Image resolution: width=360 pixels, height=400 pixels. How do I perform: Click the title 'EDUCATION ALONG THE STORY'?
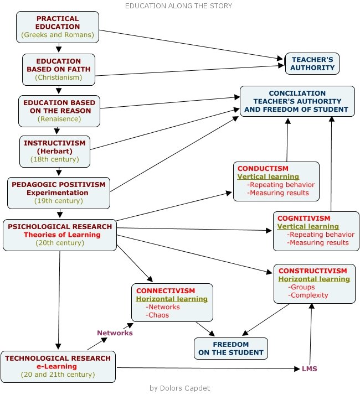click(x=178, y=6)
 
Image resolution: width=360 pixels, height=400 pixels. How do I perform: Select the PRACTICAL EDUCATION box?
click(x=58, y=27)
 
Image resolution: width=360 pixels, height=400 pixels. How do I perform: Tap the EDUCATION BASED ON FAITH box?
click(x=58, y=69)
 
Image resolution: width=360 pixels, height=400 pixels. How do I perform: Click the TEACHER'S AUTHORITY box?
click(x=312, y=64)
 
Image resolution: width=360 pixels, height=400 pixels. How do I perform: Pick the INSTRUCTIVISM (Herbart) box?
click(x=54, y=151)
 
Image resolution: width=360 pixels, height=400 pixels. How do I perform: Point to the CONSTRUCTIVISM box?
click(x=313, y=283)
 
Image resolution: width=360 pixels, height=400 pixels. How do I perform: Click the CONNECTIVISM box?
click(x=172, y=303)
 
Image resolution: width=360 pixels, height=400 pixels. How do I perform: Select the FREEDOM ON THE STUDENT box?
click(x=231, y=348)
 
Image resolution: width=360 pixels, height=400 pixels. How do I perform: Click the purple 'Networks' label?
click(x=115, y=333)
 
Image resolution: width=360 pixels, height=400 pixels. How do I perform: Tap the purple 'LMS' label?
click(x=309, y=368)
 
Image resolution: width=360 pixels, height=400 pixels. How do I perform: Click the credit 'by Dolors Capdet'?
click(x=180, y=388)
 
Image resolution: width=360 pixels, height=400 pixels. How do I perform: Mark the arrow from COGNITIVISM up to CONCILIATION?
click(x=331, y=160)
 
